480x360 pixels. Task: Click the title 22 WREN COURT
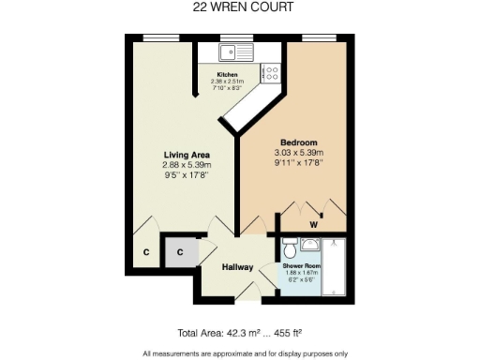coord(239,7)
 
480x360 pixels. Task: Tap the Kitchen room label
coord(228,74)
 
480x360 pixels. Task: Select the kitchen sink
coord(230,52)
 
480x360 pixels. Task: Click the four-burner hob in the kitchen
coord(272,70)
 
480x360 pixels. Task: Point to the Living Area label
coord(186,155)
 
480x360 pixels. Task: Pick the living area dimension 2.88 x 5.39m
coord(186,165)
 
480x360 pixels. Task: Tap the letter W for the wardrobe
coord(314,225)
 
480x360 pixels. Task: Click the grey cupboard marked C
coord(176,251)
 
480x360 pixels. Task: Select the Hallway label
coord(237,267)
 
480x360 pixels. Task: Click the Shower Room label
coord(301,266)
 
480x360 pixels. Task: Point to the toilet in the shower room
coord(289,248)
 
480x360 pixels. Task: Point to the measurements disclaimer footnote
coord(245,352)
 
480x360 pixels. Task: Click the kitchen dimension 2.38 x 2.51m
coord(228,82)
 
